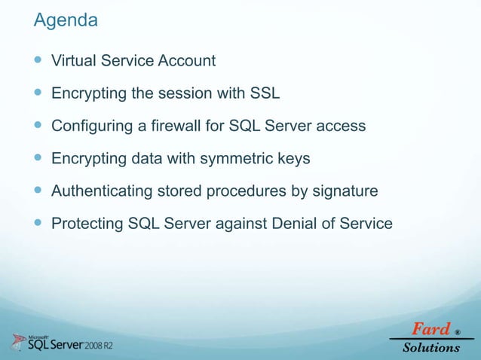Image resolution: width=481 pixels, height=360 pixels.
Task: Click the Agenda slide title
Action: click(66, 21)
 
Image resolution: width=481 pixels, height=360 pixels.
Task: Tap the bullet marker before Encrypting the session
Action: click(38, 93)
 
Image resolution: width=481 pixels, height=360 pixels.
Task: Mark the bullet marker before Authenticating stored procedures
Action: click(38, 191)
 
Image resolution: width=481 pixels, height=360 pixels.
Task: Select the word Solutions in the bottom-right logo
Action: click(430, 347)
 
